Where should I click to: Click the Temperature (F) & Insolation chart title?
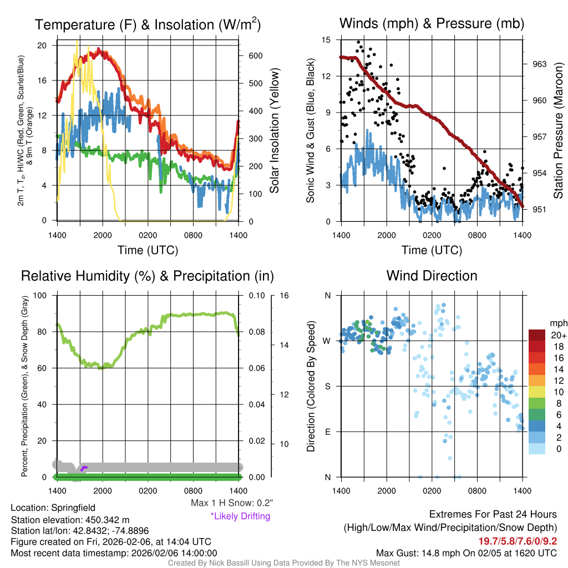coord(148,24)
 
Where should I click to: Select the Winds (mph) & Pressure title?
coord(432,23)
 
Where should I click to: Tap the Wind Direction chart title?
coord(432,276)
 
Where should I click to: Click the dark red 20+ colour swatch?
coord(538,336)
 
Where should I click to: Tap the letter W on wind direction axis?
coord(328,341)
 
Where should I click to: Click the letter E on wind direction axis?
coord(328,432)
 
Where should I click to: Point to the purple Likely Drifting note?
coord(240,516)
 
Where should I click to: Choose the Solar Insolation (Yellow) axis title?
coord(274,130)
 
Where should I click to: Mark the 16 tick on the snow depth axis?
coord(285,295)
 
